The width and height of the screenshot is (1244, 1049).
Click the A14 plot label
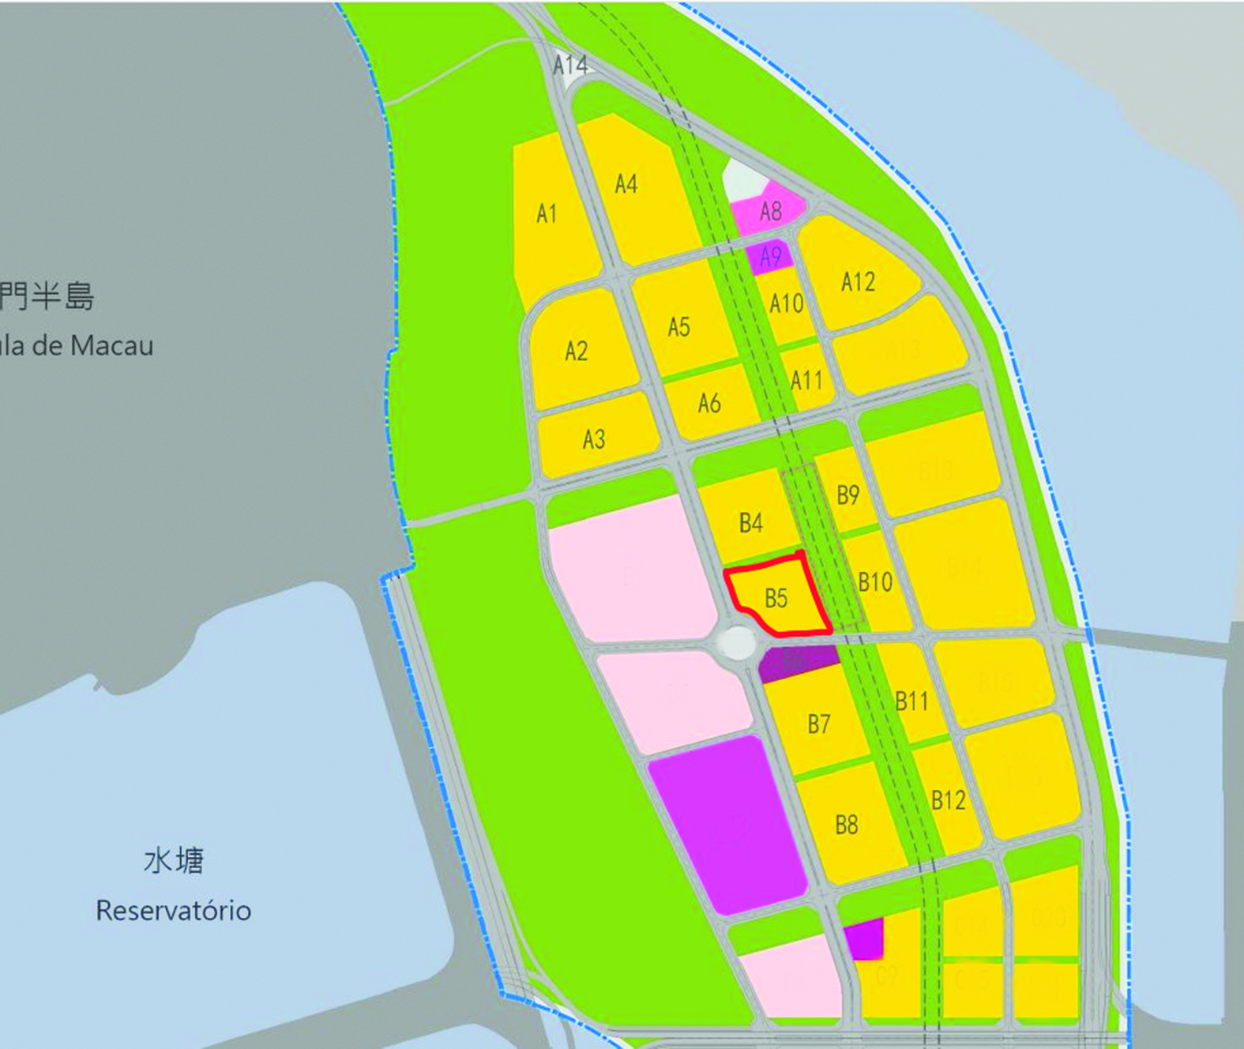point(570,65)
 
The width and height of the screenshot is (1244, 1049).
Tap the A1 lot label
point(547,213)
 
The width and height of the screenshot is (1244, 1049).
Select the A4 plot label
point(626,184)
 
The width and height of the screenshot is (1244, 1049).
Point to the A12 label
point(858,282)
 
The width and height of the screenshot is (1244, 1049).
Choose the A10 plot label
point(787,303)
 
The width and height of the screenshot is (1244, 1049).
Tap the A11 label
point(806,381)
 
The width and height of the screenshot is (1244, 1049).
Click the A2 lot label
point(577,351)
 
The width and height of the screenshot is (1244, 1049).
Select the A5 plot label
point(679,327)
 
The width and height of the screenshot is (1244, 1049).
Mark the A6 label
point(709,404)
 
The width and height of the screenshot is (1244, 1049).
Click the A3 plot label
point(594,439)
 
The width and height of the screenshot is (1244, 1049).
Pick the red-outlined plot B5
point(776,598)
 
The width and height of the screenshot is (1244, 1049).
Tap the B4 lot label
point(751,523)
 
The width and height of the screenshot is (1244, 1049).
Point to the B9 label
point(848,495)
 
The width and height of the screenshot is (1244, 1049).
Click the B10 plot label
point(875,583)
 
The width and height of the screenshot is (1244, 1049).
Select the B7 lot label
point(819,724)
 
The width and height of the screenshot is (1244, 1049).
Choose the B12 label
point(949,800)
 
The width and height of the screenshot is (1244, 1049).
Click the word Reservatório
point(174,911)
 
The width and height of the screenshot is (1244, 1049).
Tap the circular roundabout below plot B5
point(738,642)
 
